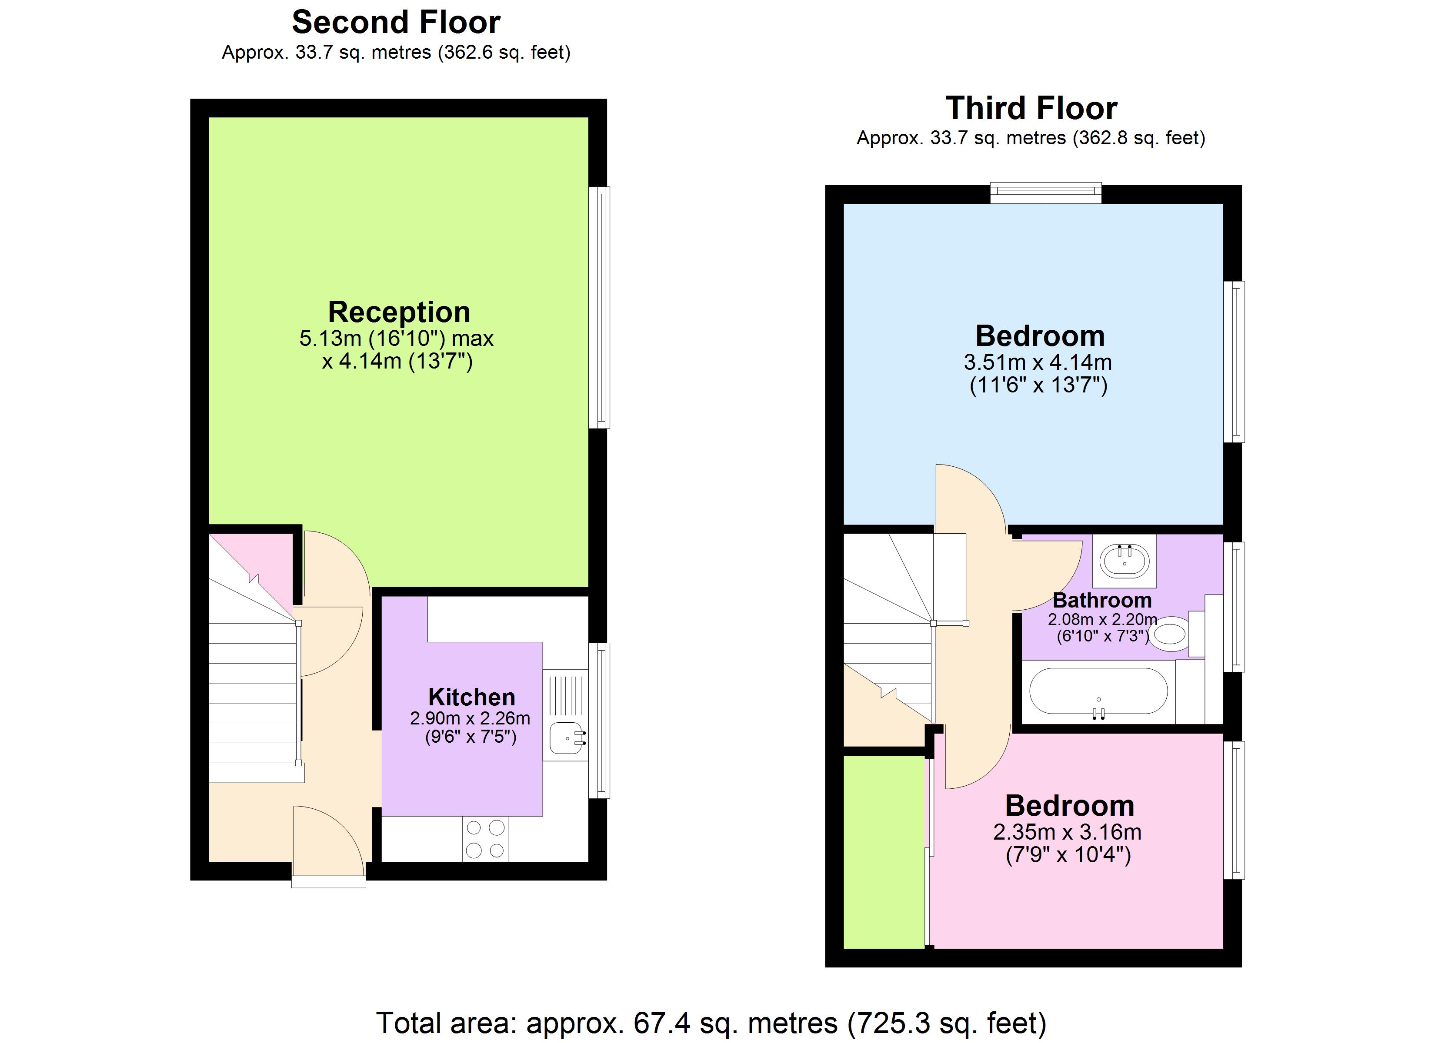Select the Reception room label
click(399, 312)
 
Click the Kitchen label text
click(471, 697)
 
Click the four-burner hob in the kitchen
click(485, 839)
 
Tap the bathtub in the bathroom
click(1098, 691)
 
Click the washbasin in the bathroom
click(1125, 560)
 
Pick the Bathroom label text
click(1102, 600)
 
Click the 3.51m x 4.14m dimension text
click(1038, 362)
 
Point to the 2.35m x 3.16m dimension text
click(1068, 832)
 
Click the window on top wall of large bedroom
click(1045, 193)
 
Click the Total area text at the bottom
click(711, 1023)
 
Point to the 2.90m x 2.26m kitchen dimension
click(470, 718)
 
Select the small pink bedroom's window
click(1234, 810)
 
